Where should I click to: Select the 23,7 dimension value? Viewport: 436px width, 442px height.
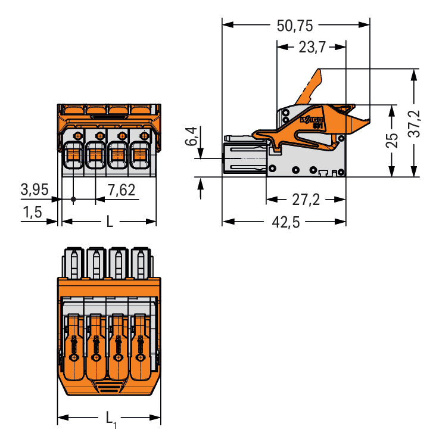pos(312,48)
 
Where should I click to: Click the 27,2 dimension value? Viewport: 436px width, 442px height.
pos(305,200)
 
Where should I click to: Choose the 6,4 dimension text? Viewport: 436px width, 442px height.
pos(190,136)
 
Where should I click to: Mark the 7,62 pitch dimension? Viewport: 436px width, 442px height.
pos(121,191)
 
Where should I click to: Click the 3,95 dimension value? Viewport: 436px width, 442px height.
pos(35,191)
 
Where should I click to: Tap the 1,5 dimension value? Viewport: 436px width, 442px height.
pos(33,213)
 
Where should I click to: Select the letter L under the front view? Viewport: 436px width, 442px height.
pos(110,222)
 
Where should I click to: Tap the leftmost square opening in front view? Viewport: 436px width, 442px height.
pos(73,155)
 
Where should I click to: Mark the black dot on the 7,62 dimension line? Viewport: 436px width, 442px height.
pos(73,199)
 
